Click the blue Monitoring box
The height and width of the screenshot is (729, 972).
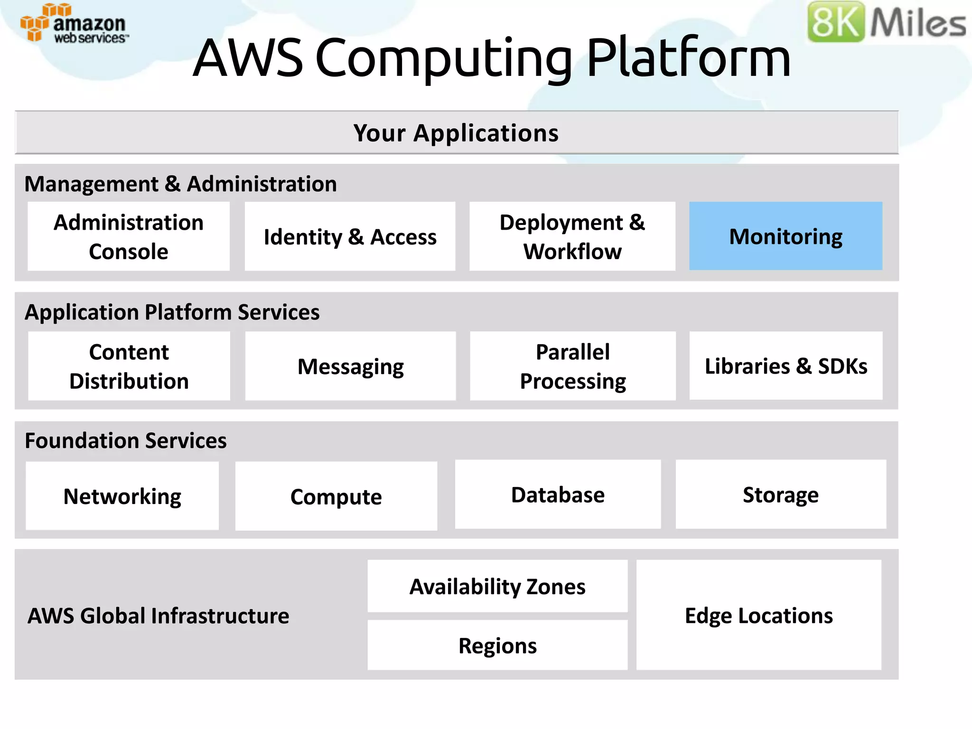click(785, 236)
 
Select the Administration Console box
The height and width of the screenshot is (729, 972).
click(129, 236)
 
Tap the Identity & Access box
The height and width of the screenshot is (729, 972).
click(350, 236)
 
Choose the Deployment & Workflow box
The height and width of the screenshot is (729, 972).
click(572, 236)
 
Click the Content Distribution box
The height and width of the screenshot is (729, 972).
click(129, 366)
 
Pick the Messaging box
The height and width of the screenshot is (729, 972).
click(350, 366)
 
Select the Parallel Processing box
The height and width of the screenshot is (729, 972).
click(572, 366)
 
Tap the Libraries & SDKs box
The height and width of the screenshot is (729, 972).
click(786, 366)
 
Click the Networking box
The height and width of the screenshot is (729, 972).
click(122, 496)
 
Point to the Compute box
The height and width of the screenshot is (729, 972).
click(336, 496)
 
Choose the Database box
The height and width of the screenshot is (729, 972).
click(558, 495)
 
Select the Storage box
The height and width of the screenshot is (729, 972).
click(781, 495)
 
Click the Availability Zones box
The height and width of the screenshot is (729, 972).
click(497, 587)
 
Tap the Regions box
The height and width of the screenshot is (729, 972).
click(497, 645)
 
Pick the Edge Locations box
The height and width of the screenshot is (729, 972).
click(758, 615)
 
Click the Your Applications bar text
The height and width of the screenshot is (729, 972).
click(456, 133)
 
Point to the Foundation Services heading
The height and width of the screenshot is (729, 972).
click(126, 440)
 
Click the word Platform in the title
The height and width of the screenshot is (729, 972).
click(688, 58)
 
